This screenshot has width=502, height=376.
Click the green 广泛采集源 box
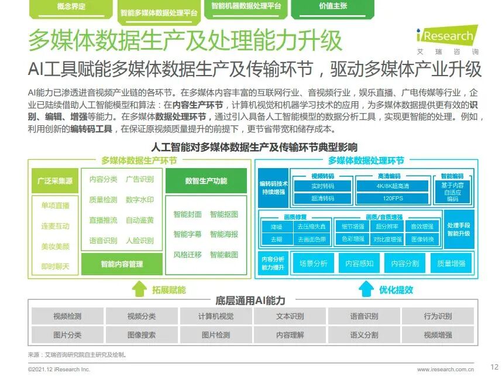55,181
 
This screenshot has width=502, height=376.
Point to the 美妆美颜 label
55,247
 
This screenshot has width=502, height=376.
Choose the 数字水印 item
140,200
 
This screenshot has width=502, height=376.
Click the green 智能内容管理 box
122,264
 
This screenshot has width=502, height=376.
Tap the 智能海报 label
224,234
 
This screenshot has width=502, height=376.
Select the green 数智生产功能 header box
206,181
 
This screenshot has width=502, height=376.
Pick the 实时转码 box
322,186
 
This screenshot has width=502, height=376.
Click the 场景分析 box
313,264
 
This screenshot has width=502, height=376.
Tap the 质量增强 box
451,264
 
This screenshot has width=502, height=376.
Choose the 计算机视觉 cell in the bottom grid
215,316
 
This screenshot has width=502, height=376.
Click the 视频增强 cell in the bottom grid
438,335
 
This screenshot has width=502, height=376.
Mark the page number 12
493,365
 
